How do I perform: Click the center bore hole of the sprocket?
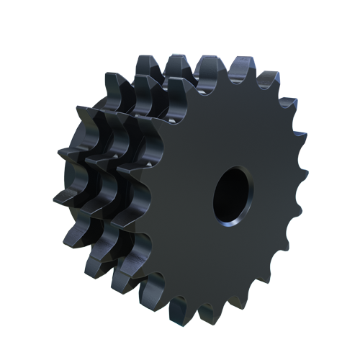pos(232,194)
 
